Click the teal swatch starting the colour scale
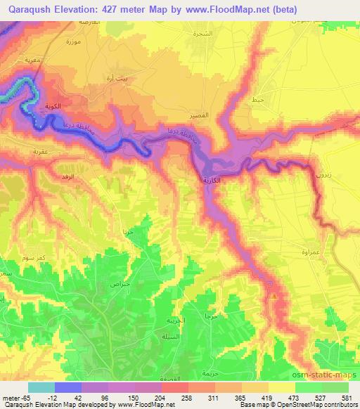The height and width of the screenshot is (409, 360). [41, 387]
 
